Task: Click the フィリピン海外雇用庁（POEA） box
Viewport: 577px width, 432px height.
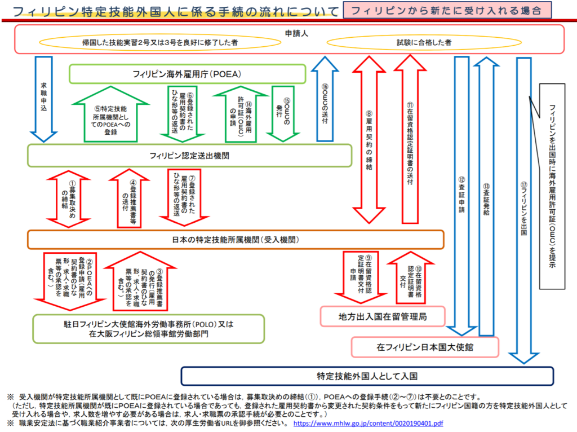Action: point(187,74)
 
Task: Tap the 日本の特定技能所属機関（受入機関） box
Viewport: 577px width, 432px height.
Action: point(236,239)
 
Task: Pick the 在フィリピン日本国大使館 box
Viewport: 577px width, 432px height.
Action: point(425,347)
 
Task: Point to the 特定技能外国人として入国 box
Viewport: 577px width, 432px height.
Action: point(367,375)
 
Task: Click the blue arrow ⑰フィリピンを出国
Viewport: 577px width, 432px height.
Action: point(524,209)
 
